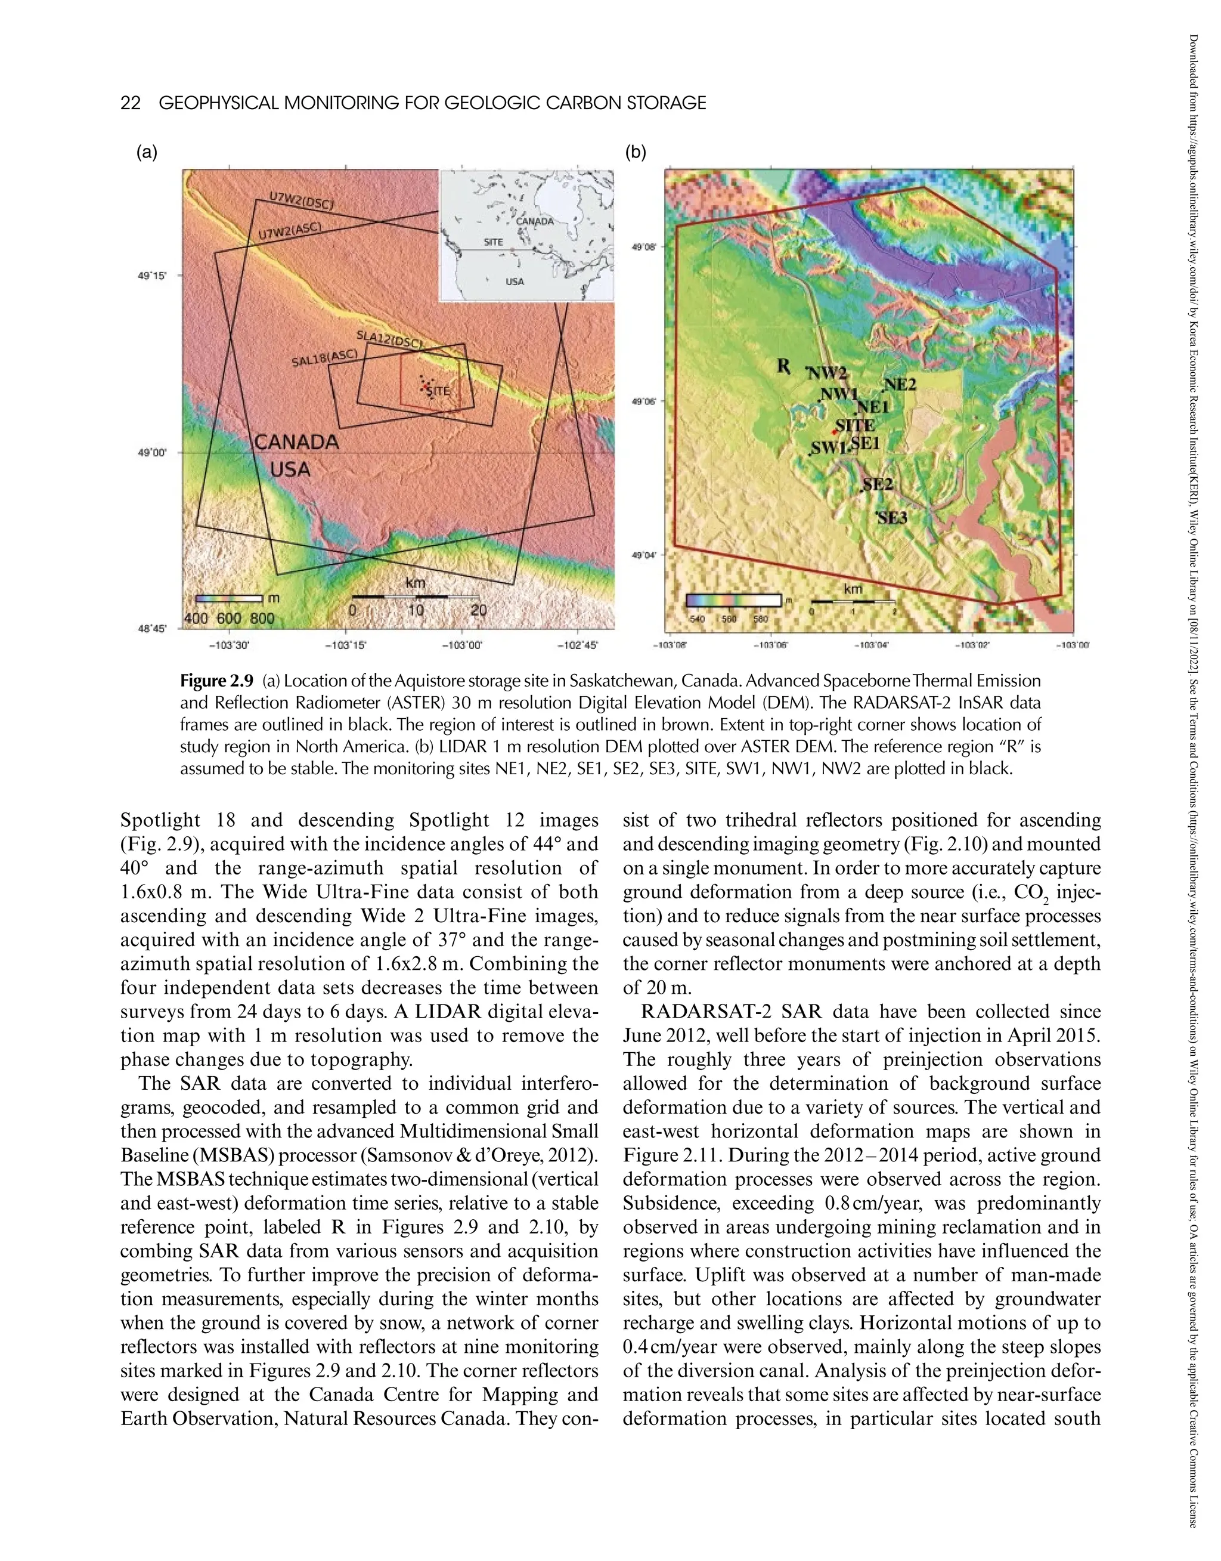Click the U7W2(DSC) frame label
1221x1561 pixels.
(301, 201)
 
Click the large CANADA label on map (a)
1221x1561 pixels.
(297, 442)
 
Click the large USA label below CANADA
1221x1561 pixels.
(290, 470)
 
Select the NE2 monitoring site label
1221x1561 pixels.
(900, 384)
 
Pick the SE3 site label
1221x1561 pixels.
(892, 518)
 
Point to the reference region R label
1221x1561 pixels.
(784, 367)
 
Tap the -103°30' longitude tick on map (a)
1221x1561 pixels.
(229, 645)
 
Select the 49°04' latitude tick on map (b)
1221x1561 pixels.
(643, 554)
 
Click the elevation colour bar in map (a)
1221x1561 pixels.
(225, 598)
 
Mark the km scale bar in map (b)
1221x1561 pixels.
(852, 602)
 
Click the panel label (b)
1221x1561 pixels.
(636, 152)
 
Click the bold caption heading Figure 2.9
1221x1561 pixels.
(216, 680)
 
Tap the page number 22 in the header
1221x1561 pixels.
(130, 103)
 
